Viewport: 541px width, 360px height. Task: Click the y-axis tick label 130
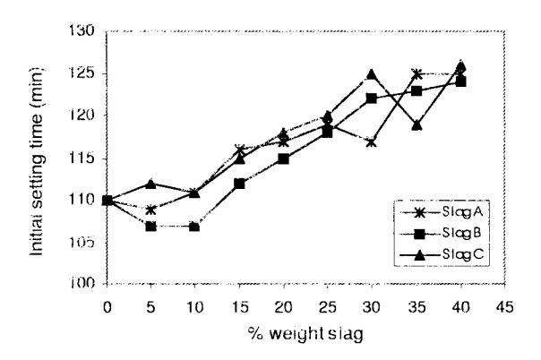(x=82, y=30)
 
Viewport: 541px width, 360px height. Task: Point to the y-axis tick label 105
(x=82, y=244)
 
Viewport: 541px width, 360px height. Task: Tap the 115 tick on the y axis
(x=82, y=159)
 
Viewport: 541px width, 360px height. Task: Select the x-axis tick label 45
(x=505, y=307)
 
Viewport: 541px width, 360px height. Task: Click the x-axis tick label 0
(x=107, y=307)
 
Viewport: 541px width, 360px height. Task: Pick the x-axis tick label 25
(x=328, y=307)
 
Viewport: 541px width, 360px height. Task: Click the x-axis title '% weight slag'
(x=305, y=334)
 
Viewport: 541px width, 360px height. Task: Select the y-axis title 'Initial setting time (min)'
(x=37, y=161)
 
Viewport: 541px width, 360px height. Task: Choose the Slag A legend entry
(x=442, y=212)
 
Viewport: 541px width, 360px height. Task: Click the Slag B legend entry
(x=442, y=234)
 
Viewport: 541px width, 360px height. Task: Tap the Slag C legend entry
(x=442, y=255)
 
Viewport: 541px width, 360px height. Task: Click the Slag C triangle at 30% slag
(x=372, y=73)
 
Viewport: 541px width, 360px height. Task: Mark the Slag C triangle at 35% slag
(x=416, y=124)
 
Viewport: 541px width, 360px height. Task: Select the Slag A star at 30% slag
(x=372, y=142)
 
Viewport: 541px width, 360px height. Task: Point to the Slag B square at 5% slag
(x=150, y=227)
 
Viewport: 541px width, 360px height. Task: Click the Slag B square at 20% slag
(x=283, y=159)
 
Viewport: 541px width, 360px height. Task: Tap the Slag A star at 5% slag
(x=150, y=210)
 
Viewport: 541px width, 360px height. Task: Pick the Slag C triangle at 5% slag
(x=150, y=184)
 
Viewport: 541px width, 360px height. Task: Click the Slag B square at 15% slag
(x=239, y=184)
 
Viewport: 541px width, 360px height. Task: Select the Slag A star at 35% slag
(x=416, y=73)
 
